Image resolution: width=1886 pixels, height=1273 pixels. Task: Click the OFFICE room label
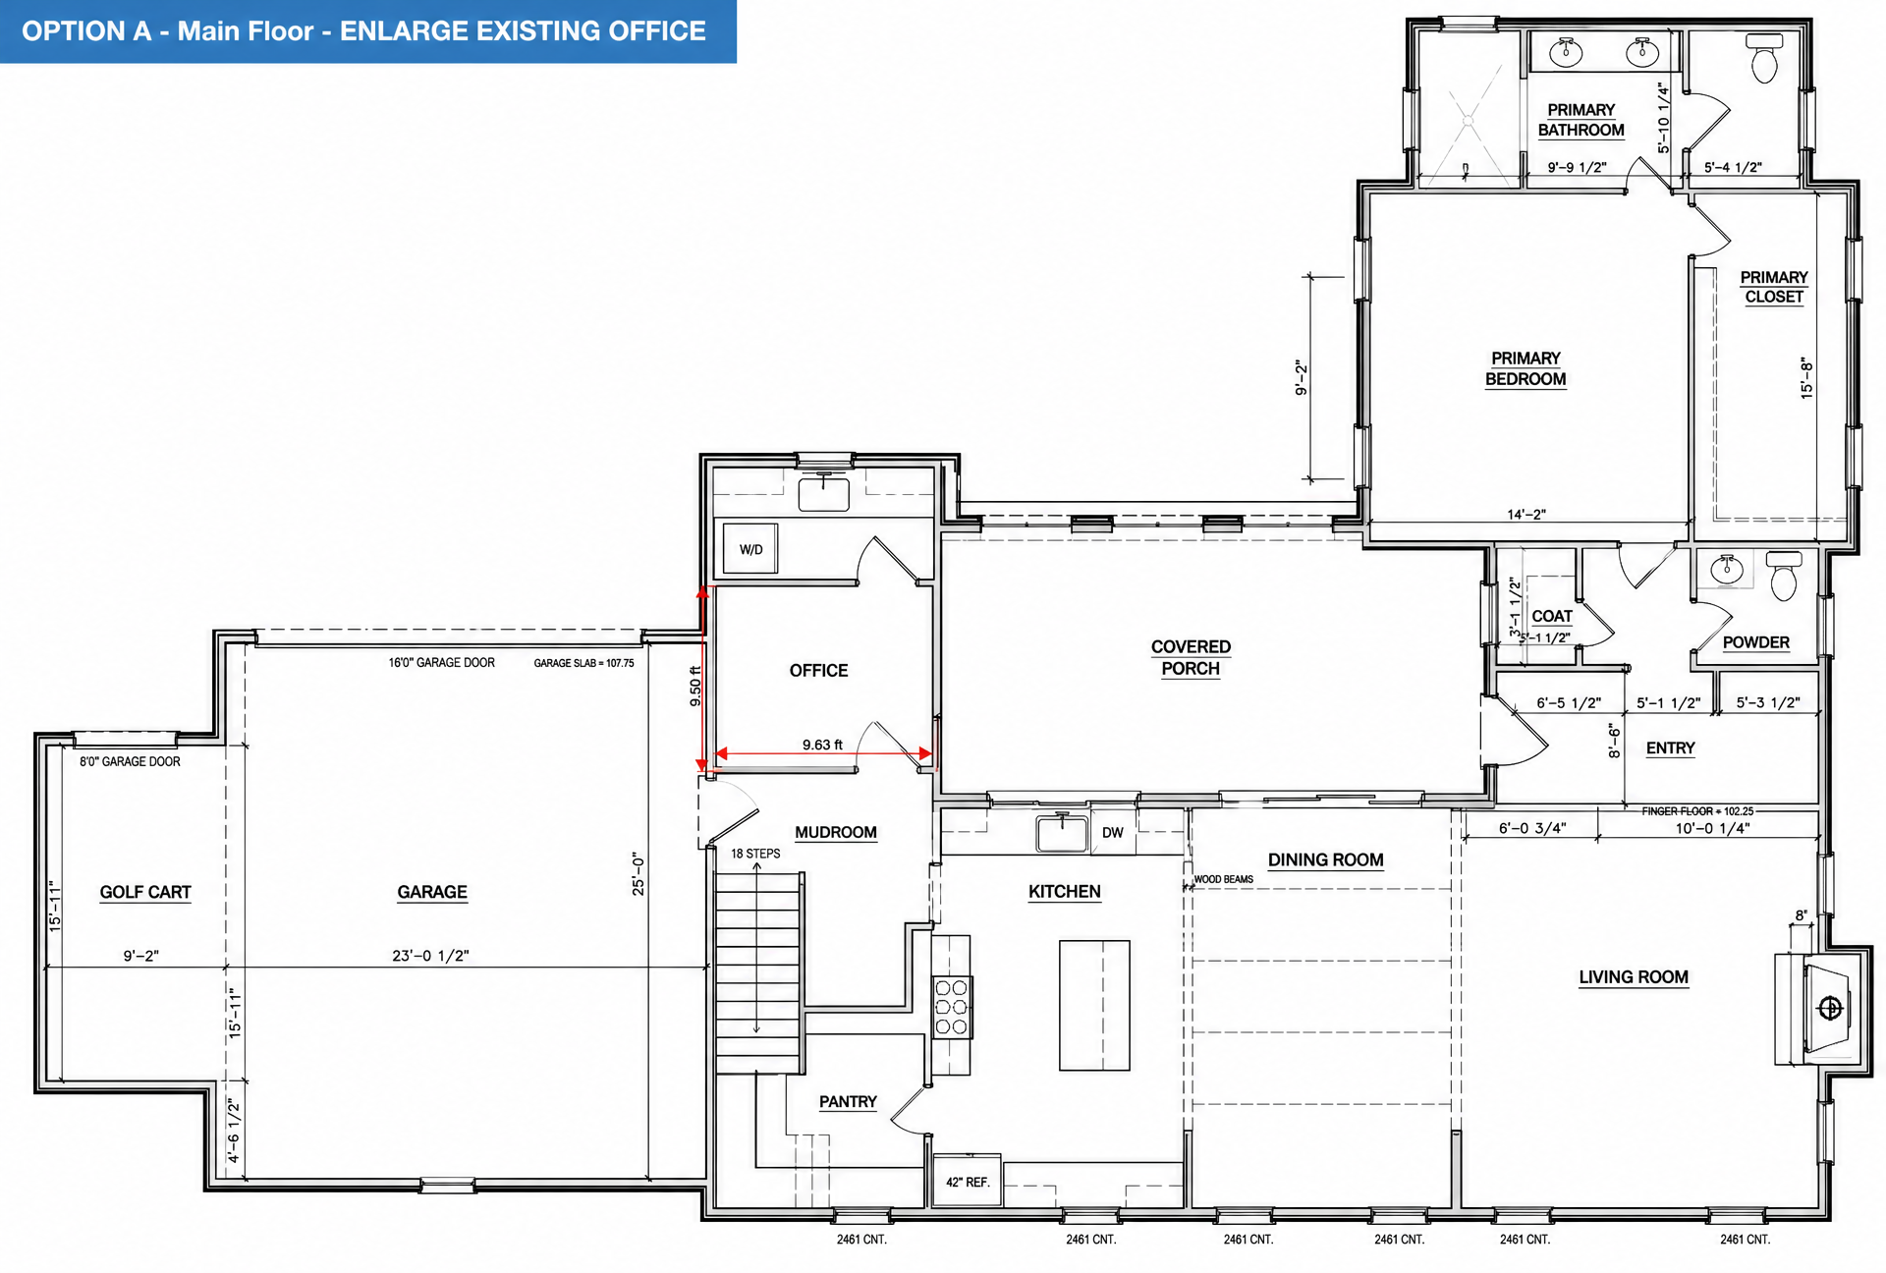[x=818, y=671]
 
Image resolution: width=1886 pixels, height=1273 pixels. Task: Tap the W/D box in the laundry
[x=750, y=549]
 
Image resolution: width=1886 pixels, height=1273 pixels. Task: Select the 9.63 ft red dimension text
[x=822, y=745]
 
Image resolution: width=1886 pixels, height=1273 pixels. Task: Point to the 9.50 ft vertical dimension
[x=695, y=687]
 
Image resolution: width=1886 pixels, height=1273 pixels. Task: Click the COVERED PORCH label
[x=1191, y=658]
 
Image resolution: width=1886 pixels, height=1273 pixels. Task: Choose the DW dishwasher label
[x=1112, y=833]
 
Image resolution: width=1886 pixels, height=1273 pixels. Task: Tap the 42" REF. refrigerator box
[x=967, y=1182]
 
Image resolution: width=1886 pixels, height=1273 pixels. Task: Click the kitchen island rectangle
[x=1094, y=1005]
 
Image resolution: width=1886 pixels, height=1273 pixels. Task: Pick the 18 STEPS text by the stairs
[x=755, y=854]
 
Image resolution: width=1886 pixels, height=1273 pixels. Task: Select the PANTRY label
[x=848, y=1102]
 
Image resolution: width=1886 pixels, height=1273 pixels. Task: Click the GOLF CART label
[x=145, y=892]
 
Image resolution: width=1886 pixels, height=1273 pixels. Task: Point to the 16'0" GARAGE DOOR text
[x=442, y=663]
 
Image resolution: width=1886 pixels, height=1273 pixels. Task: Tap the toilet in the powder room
[x=1784, y=576]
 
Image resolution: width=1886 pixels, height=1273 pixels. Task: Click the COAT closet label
[x=1552, y=616]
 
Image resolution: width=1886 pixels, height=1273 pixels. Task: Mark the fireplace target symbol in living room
[x=1830, y=1009]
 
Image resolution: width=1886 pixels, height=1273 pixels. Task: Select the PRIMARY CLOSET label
[x=1774, y=287]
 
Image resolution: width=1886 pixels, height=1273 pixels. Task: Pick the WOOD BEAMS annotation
[x=1223, y=879]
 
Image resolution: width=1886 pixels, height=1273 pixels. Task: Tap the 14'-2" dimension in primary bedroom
[x=1526, y=514]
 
